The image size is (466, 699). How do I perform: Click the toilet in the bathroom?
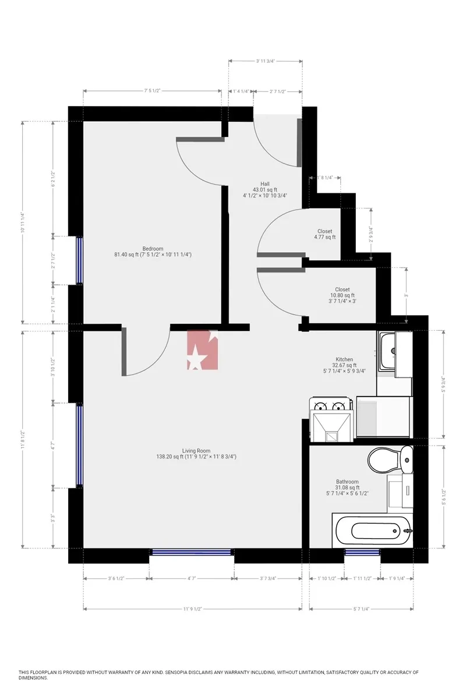[x=390, y=460]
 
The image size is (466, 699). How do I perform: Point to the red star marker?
[x=202, y=350]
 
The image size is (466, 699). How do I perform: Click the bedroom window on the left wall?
[x=79, y=260]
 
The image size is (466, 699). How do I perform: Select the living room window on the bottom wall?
[x=192, y=552]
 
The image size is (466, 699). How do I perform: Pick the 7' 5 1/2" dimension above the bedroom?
[x=152, y=91]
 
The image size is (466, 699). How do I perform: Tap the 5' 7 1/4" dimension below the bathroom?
[x=361, y=609]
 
